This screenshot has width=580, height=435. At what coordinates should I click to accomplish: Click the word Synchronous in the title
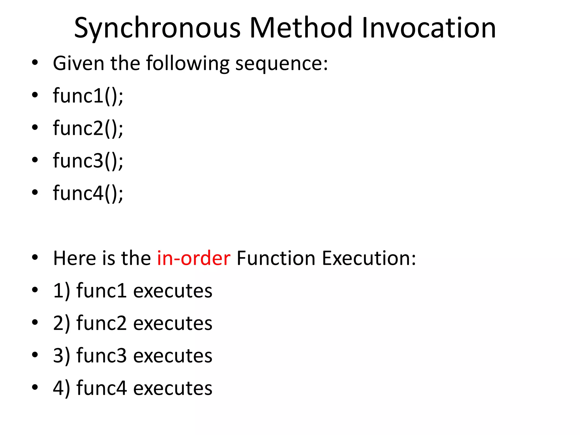click(157, 28)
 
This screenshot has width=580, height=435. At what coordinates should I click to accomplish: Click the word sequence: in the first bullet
click(282, 63)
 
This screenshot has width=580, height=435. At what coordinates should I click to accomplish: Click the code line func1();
click(88, 96)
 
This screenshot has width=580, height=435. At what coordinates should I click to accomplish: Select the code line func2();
click(88, 128)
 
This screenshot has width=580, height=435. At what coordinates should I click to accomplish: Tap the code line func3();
click(88, 161)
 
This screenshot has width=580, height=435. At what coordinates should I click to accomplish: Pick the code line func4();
click(88, 193)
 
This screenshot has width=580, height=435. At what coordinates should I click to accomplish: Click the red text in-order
click(194, 258)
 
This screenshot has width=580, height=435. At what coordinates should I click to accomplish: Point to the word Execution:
click(369, 258)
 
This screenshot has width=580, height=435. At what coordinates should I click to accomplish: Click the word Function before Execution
click(276, 258)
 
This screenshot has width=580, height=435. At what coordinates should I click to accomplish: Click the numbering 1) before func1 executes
click(61, 291)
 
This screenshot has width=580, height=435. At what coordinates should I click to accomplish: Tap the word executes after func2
click(172, 323)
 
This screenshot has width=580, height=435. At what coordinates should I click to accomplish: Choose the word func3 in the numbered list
click(101, 356)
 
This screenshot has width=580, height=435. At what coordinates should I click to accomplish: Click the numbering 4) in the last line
click(61, 388)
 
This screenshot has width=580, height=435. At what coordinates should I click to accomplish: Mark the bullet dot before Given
click(35, 63)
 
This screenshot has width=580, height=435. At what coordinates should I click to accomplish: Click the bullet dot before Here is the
click(35, 258)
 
